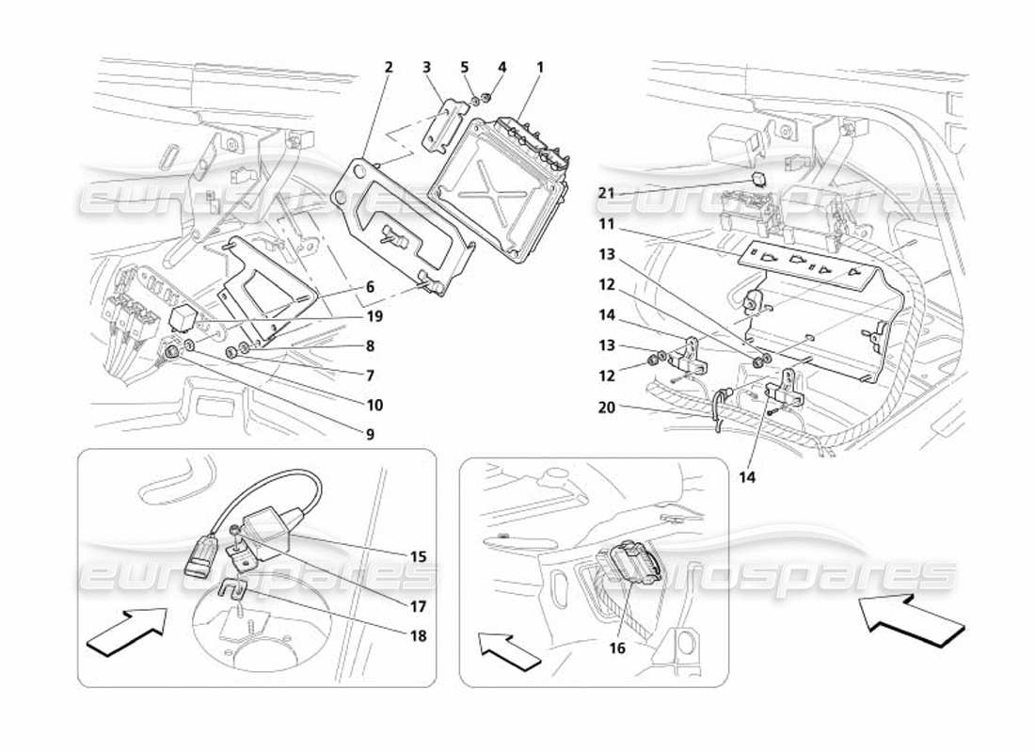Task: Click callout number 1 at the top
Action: tap(540, 68)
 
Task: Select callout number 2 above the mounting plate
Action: tap(388, 68)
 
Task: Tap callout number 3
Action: tap(426, 68)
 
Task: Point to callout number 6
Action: tap(371, 287)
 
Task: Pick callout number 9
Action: tap(371, 434)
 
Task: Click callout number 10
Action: tap(374, 406)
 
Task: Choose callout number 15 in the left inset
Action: tap(417, 557)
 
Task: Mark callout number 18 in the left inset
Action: tap(417, 635)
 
